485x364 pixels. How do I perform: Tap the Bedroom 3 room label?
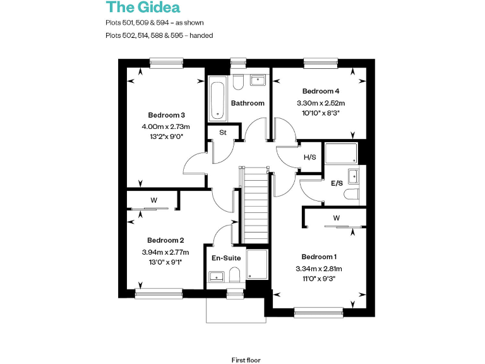coord(167,115)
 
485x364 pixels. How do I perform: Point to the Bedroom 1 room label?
coord(319,257)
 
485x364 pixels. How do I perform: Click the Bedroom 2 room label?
coord(165,240)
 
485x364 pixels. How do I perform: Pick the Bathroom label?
coord(248,103)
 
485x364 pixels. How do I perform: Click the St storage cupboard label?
coord(223,133)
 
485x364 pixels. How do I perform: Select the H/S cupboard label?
coord(310,157)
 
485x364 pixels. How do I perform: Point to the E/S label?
coord(337,183)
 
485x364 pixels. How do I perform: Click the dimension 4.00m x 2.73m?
coord(166,126)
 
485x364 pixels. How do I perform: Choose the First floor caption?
coord(246,359)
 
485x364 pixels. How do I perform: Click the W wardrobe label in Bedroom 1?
coord(337,219)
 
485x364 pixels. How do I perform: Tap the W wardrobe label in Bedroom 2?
coord(153,200)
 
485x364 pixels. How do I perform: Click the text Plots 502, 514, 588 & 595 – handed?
coord(159,35)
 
